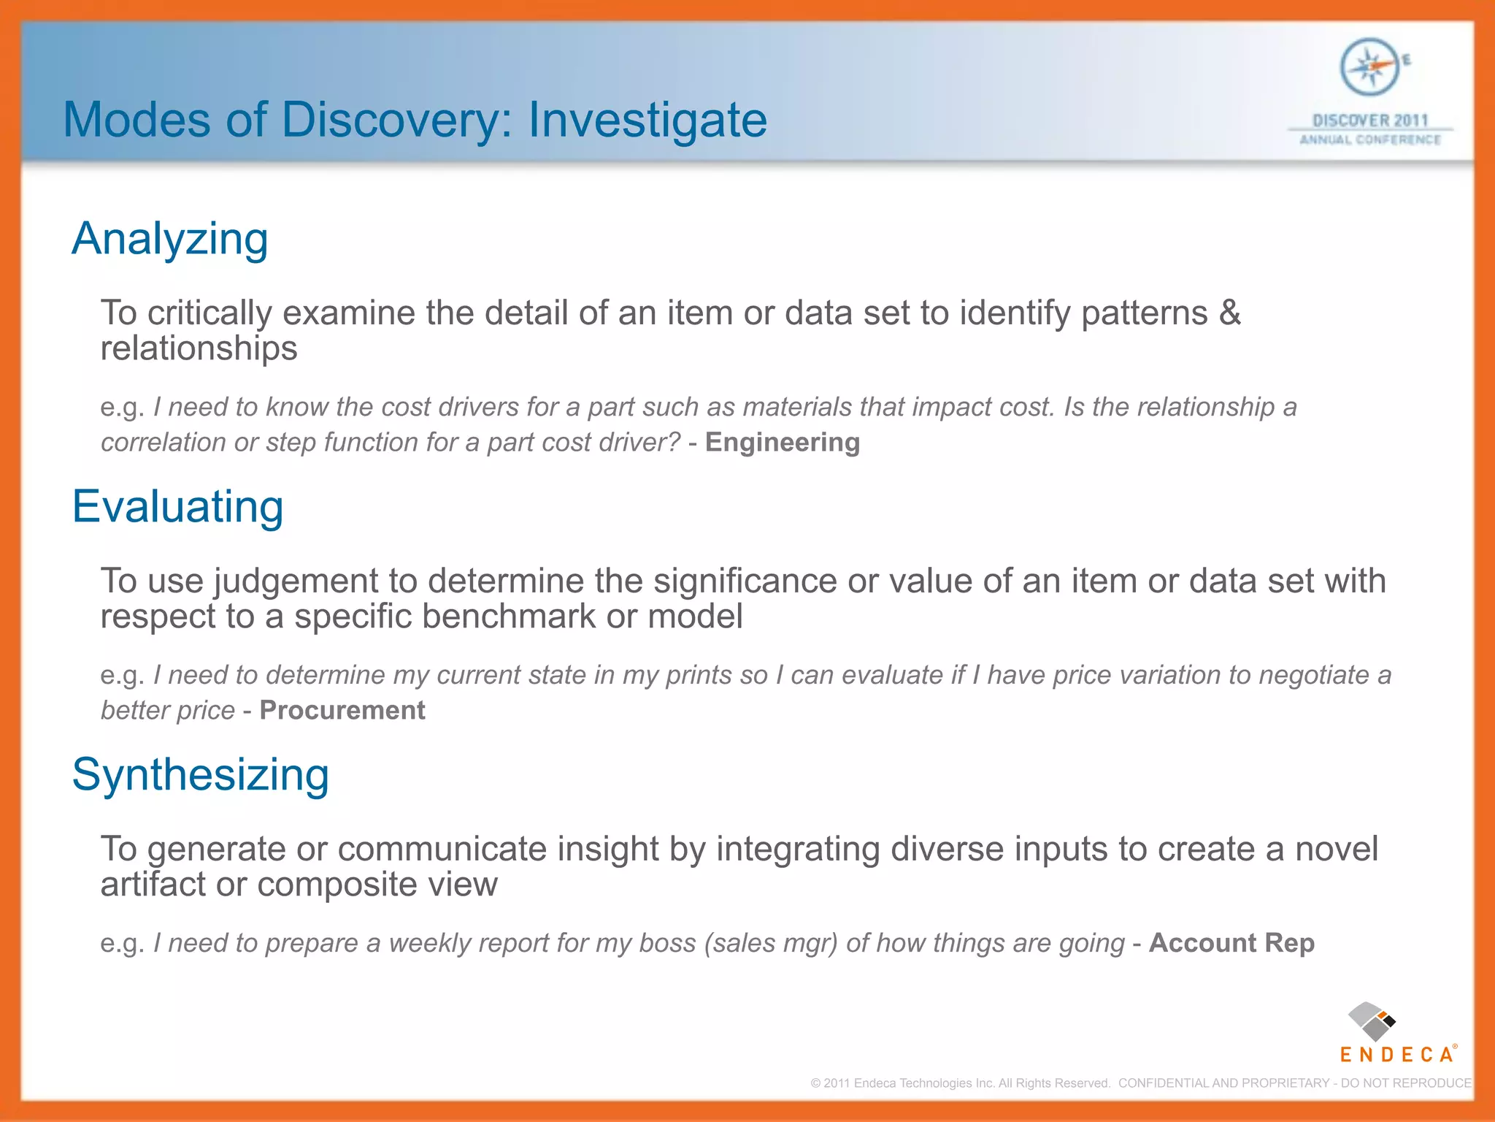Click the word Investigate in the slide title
pos(647,121)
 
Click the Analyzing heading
pos(170,239)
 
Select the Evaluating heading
pos(177,506)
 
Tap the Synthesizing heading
pos(200,774)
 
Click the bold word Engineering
pos(782,443)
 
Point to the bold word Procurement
pos(342,711)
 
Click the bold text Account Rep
pos(1231,943)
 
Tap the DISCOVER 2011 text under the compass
pos(1369,121)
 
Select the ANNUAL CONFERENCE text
pos(1370,140)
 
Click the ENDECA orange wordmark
pos(1396,1055)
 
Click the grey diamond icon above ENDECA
pos(1370,1022)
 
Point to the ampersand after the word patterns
pos(1230,313)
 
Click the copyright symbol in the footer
pos(815,1083)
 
